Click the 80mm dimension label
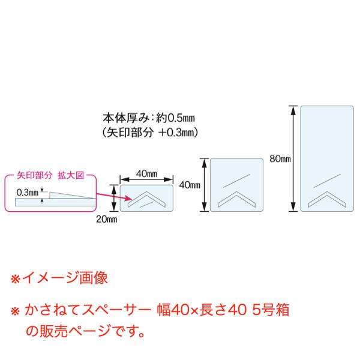[280, 159]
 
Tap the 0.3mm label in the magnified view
[28, 192]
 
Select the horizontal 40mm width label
[146, 173]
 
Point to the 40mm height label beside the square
[190, 185]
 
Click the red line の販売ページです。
[85, 330]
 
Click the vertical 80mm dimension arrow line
[293, 159]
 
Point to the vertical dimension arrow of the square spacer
[204, 185]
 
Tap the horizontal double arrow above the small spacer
[146, 179]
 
